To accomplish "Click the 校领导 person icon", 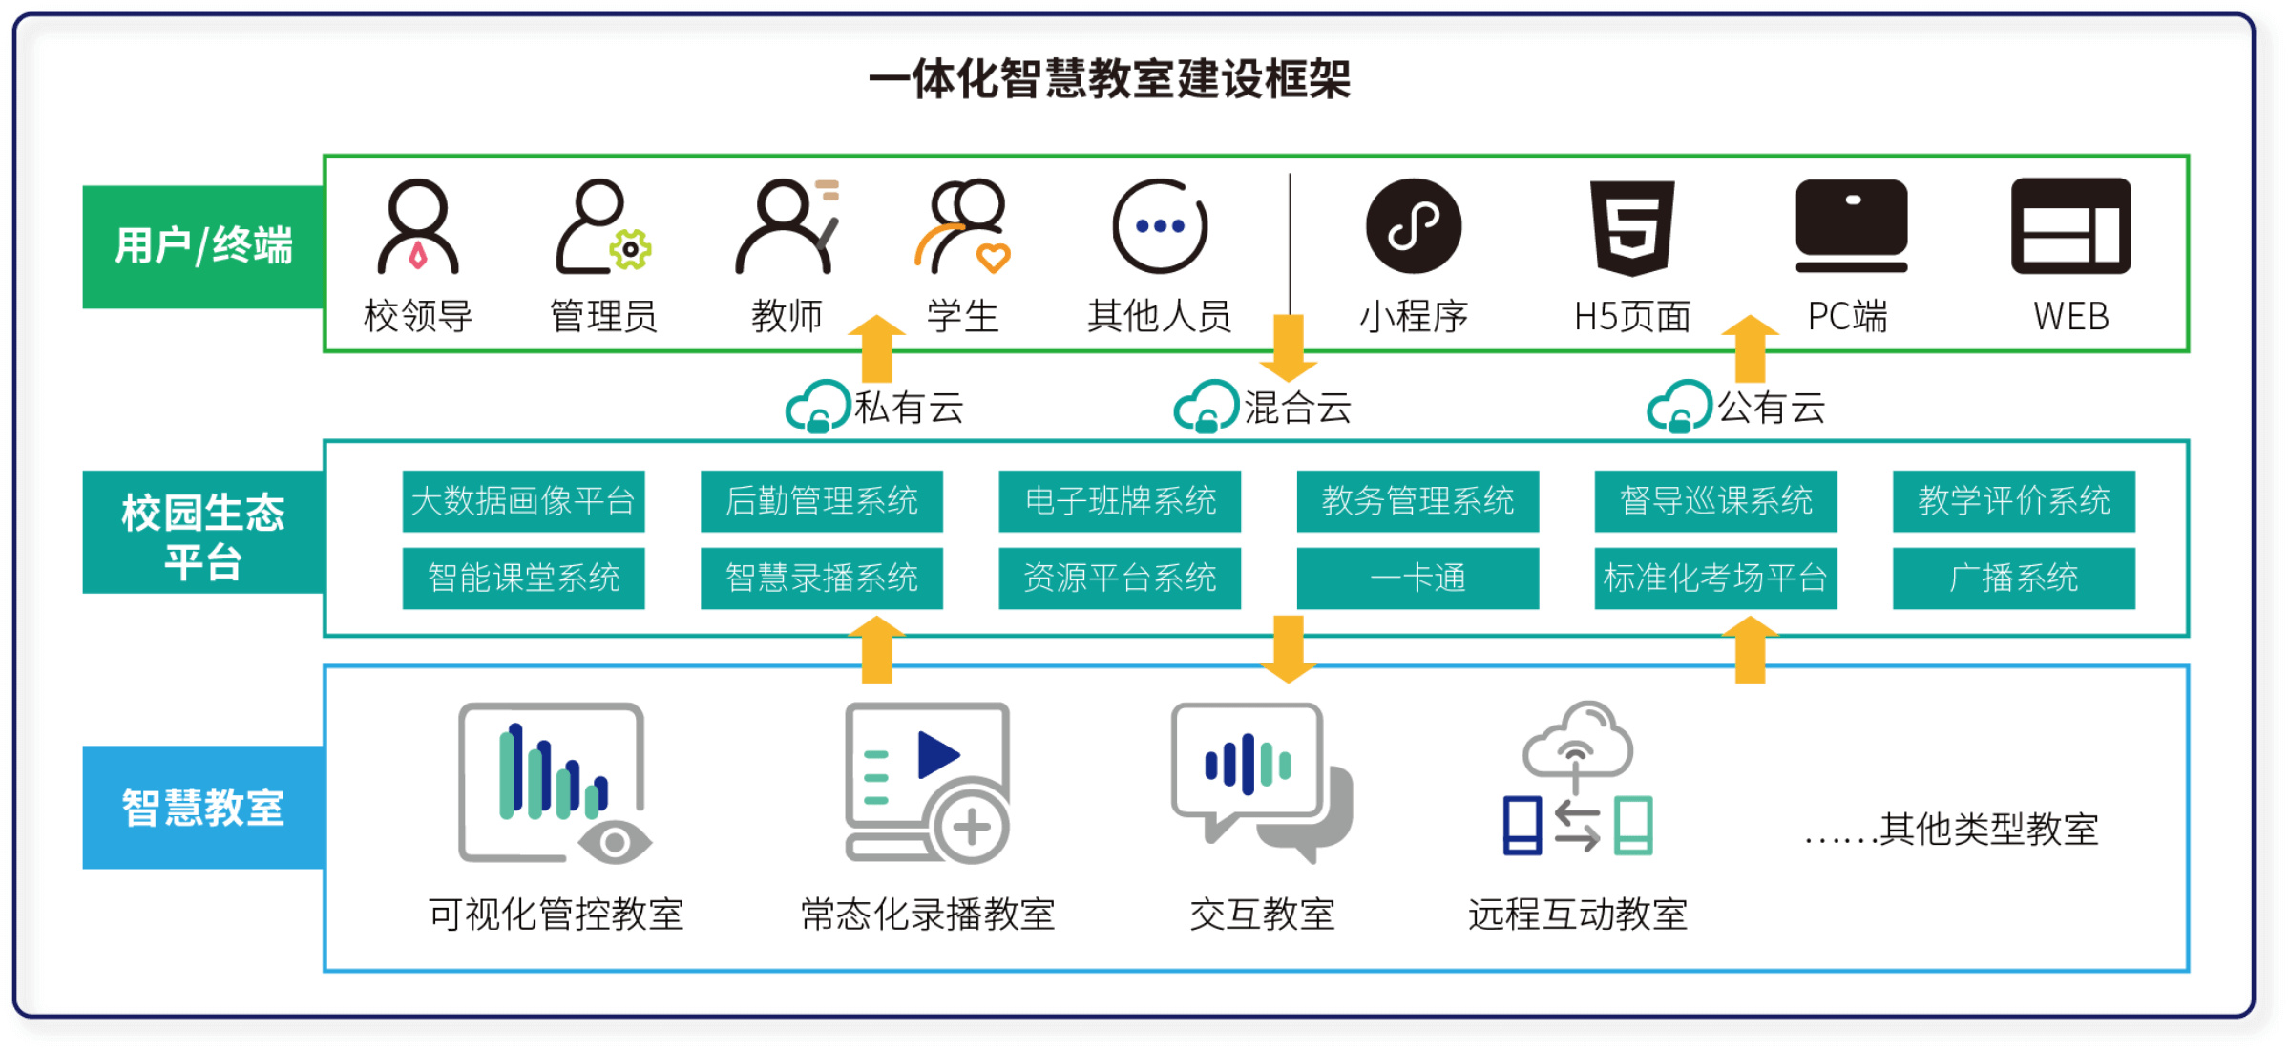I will pyautogui.click(x=418, y=227).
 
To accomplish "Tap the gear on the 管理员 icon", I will pyautogui.click(x=630, y=249).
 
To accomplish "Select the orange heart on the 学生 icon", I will pyautogui.click(x=993, y=257).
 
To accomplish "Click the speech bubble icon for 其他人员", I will pyautogui.click(x=1160, y=227).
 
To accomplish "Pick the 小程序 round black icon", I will pyautogui.click(x=1414, y=227).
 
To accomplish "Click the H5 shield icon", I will pyautogui.click(x=1632, y=227).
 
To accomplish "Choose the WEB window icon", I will pyautogui.click(x=2070, y=226).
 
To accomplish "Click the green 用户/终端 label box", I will pyautogui.click(x=203, y=246).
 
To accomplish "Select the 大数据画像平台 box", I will pyautogui.click(x=523, y=501).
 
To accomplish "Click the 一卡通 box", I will pyautogui.click(x=1417, y=579).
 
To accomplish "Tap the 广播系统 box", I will pyautogui.click(x=2013, y=579).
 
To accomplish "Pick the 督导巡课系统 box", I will pyautogui.click(x=1715, y=501).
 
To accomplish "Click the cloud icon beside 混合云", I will pyautogui.click(x=1207, y=408).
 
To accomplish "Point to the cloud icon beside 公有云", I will pyautogui.click(x=1680, y=408).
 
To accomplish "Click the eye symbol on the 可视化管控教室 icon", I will pyautogui.click(x=616, y=842).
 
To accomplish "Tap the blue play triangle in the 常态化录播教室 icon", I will pyautogui.click(x=937, y=755).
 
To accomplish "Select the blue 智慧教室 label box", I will pyautogui.click(x=203, y=808).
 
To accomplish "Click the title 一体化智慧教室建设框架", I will pyautogui.click(x=1109, y=79).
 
